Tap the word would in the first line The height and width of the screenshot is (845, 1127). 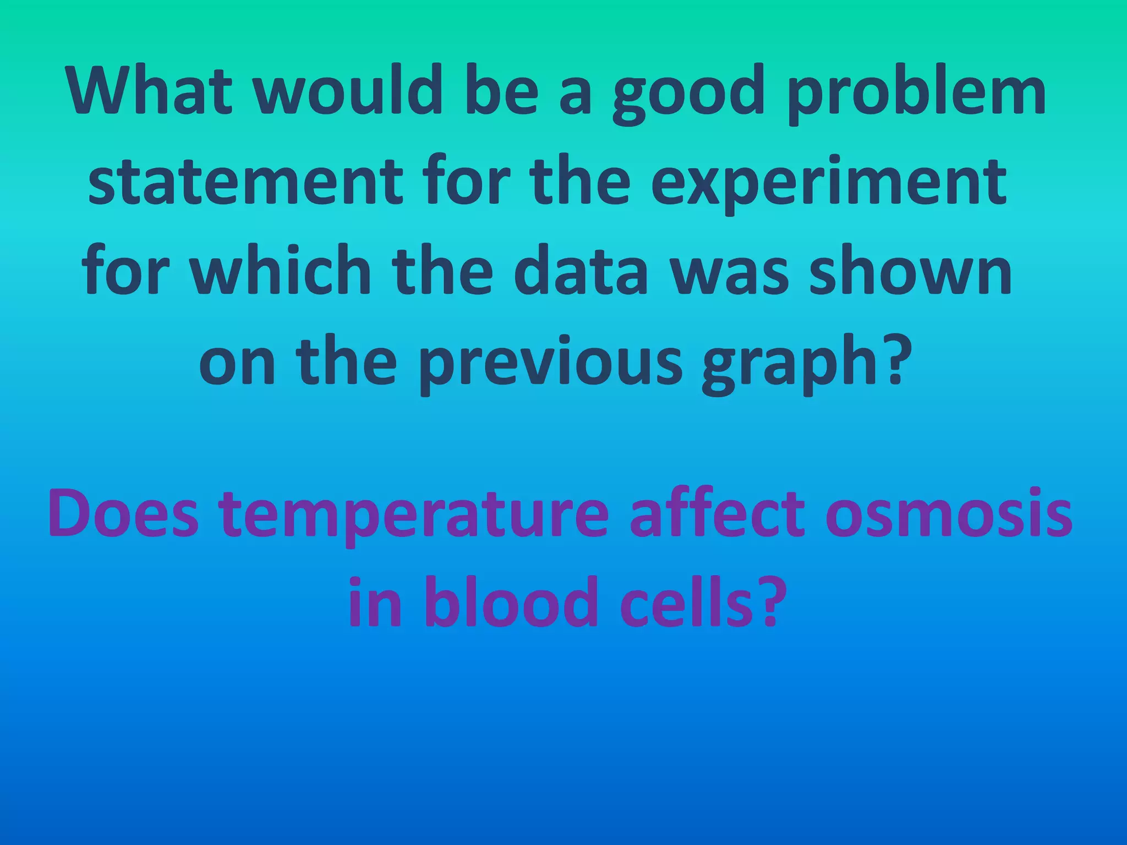tap(350, 91)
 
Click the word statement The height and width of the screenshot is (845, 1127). tap(245, 182)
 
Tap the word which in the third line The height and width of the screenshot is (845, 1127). tap(281, 272)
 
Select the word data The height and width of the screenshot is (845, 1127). tap(581, 272)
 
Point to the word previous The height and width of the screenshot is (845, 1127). tap(550, 363)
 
